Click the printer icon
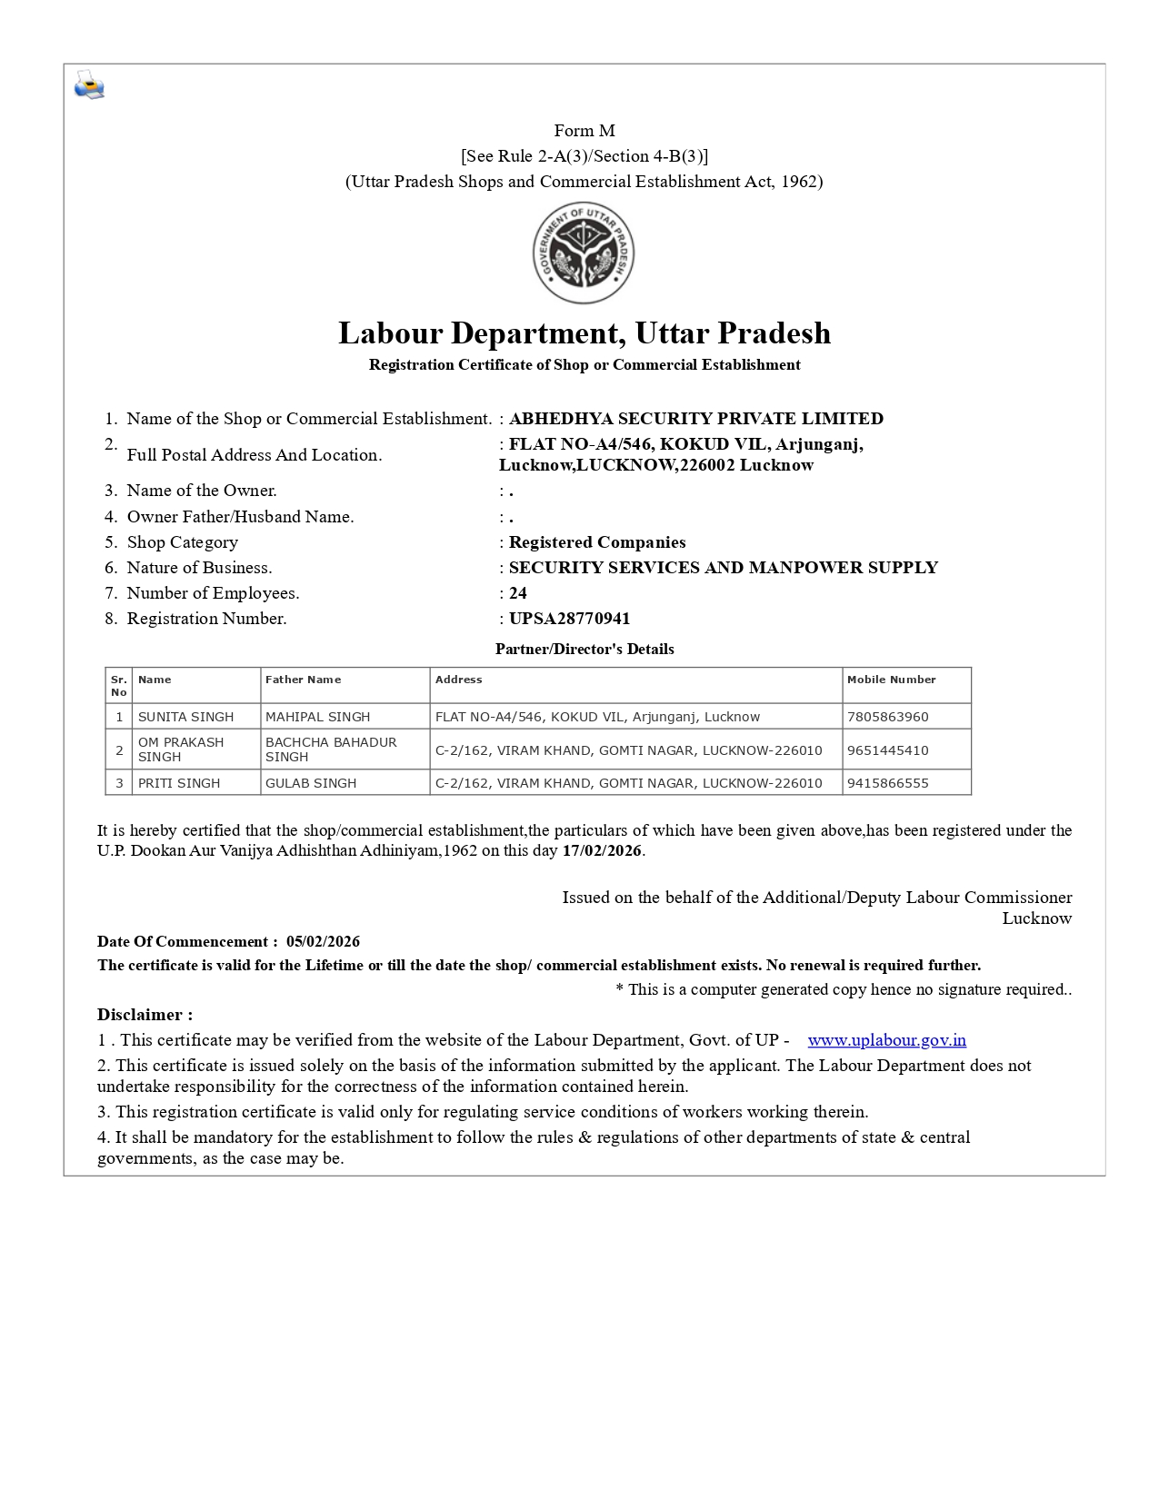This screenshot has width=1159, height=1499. point(89,84)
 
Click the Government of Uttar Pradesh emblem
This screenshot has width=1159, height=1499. point(584,253)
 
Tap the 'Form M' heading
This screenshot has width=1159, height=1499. point(584,131)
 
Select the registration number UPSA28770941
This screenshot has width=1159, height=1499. point(569,619)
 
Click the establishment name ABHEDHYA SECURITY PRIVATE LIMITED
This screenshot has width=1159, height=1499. point(695,419)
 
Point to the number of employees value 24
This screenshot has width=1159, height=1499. point(518,593)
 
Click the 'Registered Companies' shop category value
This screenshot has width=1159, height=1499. point(597,542)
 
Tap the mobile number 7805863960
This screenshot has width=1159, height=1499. point(887,717)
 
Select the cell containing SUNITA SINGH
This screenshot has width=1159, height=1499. point(186,717)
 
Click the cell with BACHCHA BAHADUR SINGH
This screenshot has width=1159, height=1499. point(331,749)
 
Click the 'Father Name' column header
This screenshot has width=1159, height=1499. point(303,680)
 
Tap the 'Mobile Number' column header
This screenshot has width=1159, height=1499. point(891,680)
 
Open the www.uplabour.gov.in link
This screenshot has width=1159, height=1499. point(886,1040)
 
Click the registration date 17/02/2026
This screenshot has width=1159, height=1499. point(602,851)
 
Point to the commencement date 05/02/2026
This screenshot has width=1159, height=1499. point(323,941)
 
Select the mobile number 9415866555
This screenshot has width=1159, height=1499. point(887,783)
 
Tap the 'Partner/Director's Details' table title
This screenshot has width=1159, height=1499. point(584,649)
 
